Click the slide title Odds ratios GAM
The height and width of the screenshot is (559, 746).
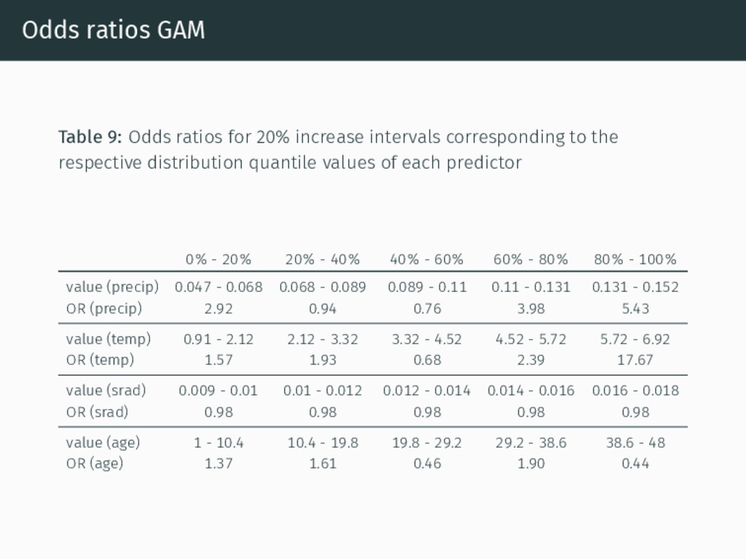pos(113,30)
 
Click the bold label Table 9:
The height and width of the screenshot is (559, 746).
pos(90,137)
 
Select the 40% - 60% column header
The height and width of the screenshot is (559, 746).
pos(427,260)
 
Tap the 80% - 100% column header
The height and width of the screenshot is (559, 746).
pos(635,260)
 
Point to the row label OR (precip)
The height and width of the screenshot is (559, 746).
pos(104,309)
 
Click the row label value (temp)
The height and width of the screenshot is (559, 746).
pos(109,339)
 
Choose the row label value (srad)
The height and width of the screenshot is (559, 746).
pos(106,391)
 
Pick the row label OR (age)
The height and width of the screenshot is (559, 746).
pos(95,464)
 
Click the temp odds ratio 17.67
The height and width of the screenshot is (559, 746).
pos(635,360)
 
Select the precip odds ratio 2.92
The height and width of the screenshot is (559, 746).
pos(219,309)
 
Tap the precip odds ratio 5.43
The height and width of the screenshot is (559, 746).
pos(635,309)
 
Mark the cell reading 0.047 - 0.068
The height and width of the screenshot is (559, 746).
pos(219,287)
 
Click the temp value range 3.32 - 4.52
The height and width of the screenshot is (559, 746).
pos(427,339)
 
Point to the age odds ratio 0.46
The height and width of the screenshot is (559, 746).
pos(427,464)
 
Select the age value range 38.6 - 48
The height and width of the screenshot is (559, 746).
pos(635,443)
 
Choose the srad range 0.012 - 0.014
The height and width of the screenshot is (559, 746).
pos(427,391)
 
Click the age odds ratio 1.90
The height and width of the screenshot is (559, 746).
pos(531,464)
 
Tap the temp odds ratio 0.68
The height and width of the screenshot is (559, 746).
pos(427,360)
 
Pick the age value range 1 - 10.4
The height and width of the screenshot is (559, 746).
pos(219,443)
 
